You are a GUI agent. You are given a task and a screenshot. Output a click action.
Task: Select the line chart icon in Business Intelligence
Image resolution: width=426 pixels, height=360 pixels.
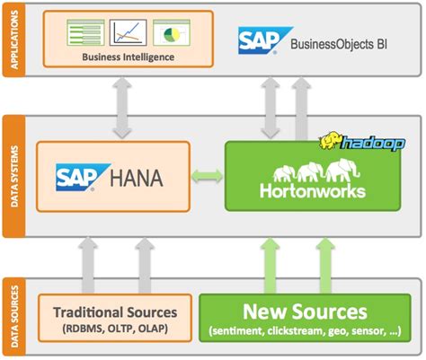(128, 33)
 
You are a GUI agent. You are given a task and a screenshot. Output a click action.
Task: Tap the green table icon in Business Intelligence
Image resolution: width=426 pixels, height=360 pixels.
(86, 33)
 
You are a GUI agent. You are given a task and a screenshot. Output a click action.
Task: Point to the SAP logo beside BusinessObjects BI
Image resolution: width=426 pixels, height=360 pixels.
(262, 40)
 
